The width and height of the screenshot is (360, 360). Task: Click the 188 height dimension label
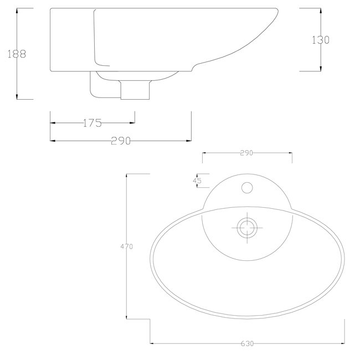tap(17, 54)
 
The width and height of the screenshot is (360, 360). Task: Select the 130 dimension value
tap(321, 40)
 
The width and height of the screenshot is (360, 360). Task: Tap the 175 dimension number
tap(92, 123)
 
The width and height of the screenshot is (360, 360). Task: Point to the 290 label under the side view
tap(121, 141)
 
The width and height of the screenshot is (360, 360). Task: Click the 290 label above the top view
tap(246, 153)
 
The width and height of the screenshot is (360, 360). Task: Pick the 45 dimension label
tap(197, 181)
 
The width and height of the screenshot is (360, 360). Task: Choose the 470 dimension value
tap(126, 246)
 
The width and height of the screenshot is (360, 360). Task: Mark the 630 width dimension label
tap(247, 343)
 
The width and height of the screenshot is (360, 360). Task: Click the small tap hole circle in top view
tap(247, 188)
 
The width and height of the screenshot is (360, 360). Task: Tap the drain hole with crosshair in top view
tap(247, 228)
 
